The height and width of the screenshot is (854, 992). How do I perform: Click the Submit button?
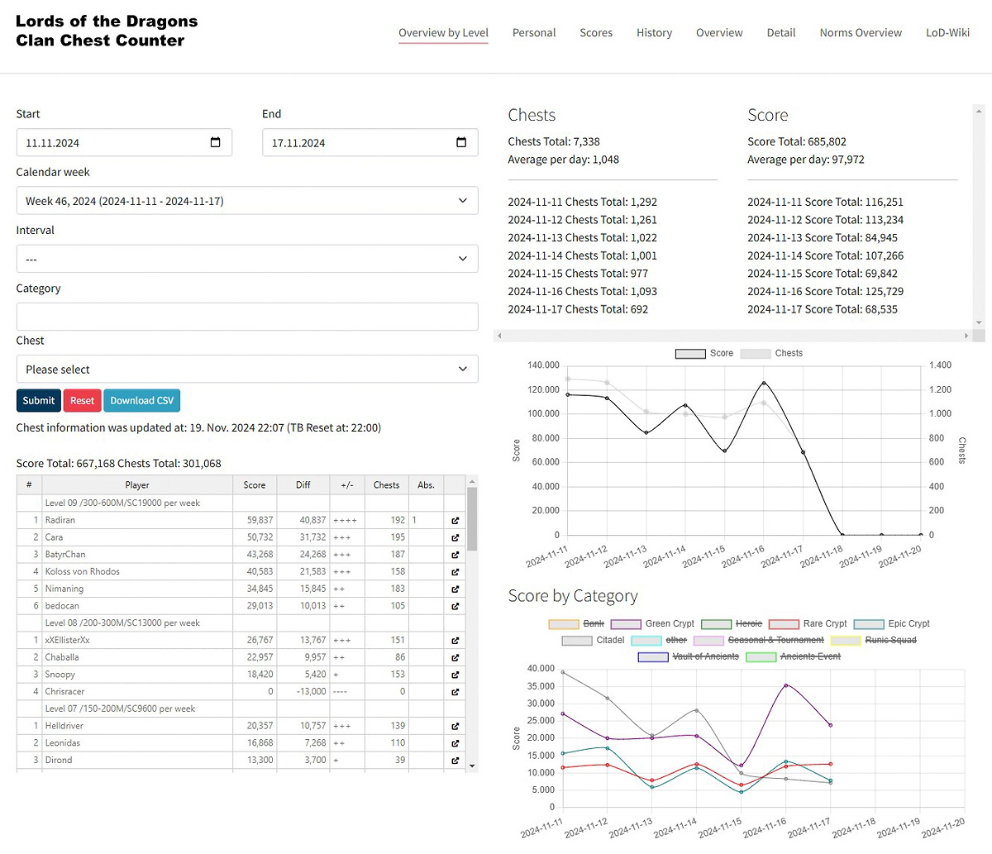coord(39,400)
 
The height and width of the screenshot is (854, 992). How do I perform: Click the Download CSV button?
coord(142,400)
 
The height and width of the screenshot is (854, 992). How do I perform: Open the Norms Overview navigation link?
coord(861,33)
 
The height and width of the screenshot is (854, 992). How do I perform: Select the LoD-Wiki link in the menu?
coord(947,33)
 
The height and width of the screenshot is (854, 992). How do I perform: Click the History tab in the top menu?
coord(654,33)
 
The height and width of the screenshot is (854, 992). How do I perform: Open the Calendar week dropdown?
coord(247,201)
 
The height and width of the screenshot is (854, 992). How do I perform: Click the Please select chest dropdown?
coord(247,370)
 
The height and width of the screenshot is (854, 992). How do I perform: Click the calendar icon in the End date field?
coord(461,142)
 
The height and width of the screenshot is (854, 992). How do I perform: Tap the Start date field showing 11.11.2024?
coord(116,143)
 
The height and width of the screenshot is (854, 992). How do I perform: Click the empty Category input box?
coord(247,317)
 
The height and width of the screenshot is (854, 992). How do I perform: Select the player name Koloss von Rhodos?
coord(83,571)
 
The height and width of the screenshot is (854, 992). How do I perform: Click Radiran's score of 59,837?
coord(260,520)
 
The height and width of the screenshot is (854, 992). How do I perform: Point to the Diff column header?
coord(303,485)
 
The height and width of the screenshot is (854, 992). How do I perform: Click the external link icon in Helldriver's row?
coord(455,726)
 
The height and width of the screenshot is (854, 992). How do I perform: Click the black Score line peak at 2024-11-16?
coord(764,383)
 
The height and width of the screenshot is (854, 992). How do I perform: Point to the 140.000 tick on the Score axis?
coord(543,365)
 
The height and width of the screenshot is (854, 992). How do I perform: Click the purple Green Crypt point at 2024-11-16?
coord(786,685)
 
